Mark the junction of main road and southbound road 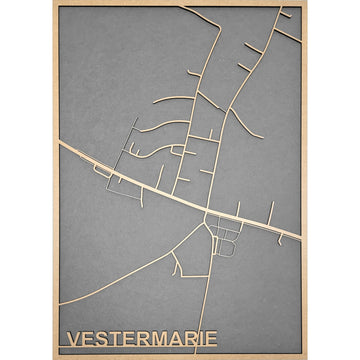click(x=207, y=212)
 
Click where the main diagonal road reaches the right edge click(x=300, y=240)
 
